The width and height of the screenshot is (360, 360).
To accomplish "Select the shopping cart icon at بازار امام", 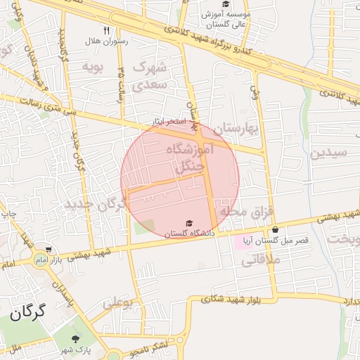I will click(x=48, y=250).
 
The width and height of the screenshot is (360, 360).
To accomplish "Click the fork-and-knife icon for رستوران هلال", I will click(x=106, y=30).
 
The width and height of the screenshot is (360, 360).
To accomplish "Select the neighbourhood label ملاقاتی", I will click(x=261, y=260).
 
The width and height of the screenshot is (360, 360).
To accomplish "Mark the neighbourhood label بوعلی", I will click(x=117, y=303).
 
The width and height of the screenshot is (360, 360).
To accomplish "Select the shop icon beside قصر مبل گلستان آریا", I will click(x=275, y=229).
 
